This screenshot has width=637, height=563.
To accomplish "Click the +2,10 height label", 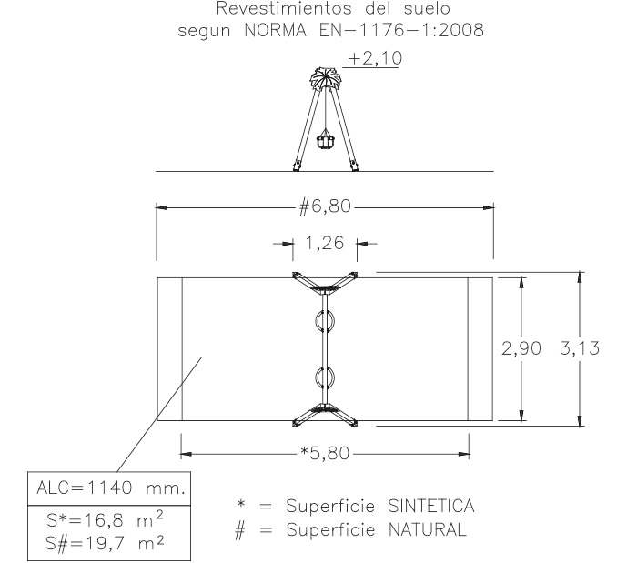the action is point(375,58).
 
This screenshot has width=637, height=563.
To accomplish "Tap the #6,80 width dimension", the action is point(325,206).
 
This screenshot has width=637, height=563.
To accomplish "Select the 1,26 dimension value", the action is point(325,243).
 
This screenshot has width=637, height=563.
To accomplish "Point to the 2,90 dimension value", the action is point(521,348).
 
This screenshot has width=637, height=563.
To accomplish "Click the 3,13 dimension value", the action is point(580,348).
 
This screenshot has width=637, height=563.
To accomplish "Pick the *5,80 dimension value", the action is point(325,453).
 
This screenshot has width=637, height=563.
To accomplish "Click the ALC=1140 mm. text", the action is point(110,488).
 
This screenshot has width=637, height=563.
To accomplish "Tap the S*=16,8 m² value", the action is point(106,520).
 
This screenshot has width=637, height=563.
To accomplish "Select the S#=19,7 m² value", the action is point(106,543).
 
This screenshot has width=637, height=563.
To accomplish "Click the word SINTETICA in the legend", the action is point(431,506).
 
